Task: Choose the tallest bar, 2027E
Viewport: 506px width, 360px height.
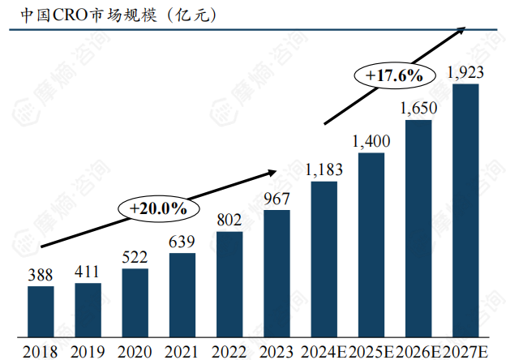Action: point(465,210)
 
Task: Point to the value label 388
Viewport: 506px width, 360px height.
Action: point(41,275)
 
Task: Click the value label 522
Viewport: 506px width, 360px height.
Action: point(135,258)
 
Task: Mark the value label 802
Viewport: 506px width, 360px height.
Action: point(229,220)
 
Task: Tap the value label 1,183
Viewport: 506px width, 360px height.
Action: point(324,169)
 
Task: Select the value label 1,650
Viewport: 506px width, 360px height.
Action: point(418,108)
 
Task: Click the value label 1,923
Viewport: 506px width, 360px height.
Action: point(465,72)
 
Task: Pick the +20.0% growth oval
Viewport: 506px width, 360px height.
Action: point(157,208)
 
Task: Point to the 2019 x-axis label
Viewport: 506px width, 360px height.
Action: point(88,351)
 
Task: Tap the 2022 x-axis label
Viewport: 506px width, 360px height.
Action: point(229,351)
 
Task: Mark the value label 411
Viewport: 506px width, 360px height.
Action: point(88,272)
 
